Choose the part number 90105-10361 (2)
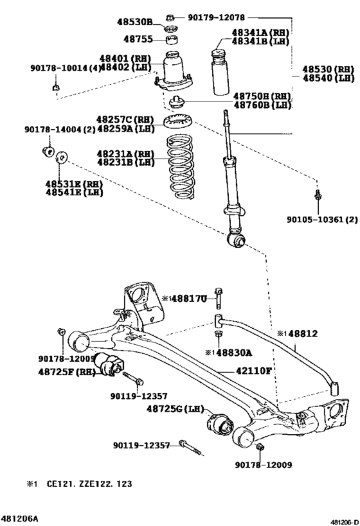(322, 219)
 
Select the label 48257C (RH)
(125, 119)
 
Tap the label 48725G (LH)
(175, 408)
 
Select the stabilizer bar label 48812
(301, 335)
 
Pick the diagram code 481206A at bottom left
(19, 517)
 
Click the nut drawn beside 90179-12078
(170, 17)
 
